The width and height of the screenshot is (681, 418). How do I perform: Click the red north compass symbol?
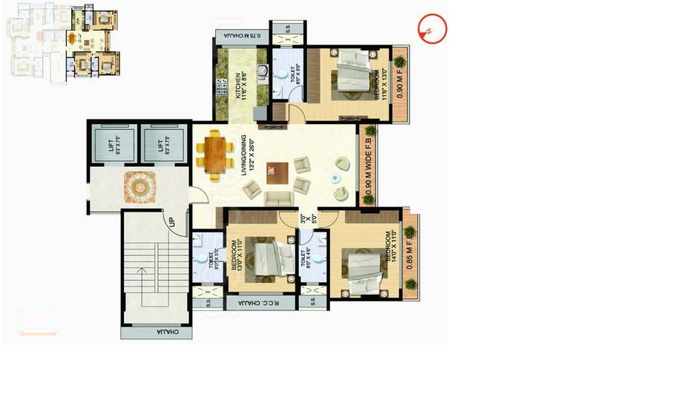[431, 29]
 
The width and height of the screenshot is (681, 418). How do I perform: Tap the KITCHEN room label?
[239, 86]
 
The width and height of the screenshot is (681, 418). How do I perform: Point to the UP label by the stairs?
[172, 221]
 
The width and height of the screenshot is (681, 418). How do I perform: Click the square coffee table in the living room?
[277, 172]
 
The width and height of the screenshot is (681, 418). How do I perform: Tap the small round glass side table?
[337, 179]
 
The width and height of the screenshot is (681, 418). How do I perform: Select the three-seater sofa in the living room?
[279, 198]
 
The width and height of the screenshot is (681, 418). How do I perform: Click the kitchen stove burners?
[220, 89]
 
